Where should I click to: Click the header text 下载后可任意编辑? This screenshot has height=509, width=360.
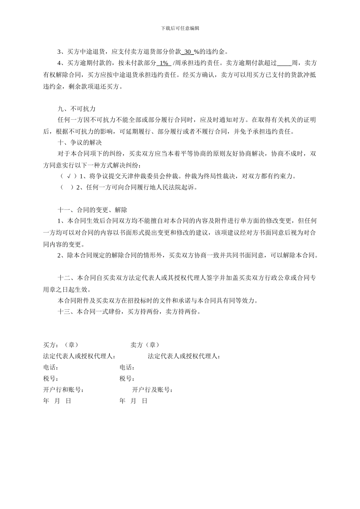tap(180, 28)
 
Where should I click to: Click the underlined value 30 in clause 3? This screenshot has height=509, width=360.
tap(189, 52)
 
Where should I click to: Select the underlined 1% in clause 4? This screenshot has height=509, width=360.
tap(164, 63)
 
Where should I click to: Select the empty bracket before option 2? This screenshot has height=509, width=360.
tap(67, 187)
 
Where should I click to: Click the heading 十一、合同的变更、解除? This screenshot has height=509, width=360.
tap(92, 210)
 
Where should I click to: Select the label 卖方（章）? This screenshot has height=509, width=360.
tap(145, 345)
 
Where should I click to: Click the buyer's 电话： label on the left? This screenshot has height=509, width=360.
tap(51, 367)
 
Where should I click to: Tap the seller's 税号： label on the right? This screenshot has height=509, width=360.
tap(127, 379)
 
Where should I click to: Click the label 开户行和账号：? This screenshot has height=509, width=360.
tap(64, 390)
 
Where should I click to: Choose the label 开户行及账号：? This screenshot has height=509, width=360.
tap(152, 390)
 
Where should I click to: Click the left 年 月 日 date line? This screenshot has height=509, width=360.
tap(57, 401)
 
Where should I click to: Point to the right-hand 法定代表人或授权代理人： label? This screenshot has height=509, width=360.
tap(184, 356)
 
